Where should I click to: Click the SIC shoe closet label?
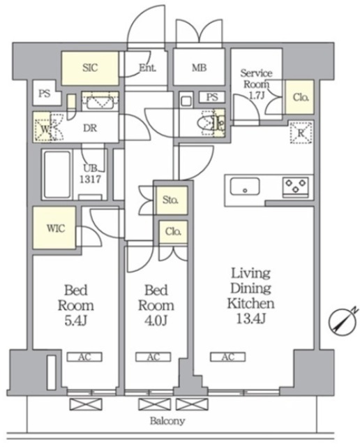(90, 68)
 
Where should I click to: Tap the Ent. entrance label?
(147, 68)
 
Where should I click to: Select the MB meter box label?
(199, 68)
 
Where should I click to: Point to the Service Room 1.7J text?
(256, 84)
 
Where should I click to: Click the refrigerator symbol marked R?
(301, 133)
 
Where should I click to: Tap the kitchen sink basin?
(245, 186)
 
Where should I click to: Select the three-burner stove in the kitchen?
(296, 186)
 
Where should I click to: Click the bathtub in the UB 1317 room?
(57, 175)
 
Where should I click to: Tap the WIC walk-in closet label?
(56, 228)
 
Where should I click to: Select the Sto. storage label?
(170, 200)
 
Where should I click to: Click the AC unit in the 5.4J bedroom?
(84, 357)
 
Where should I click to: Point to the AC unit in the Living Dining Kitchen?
(228, 357)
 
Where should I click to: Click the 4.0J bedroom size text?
(156, 321)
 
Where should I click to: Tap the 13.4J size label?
(251, 318)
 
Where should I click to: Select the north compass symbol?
(343, 321)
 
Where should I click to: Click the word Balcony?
(167, 420)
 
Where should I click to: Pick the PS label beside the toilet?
(212, 97)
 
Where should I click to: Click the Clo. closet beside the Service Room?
(301, 98)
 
